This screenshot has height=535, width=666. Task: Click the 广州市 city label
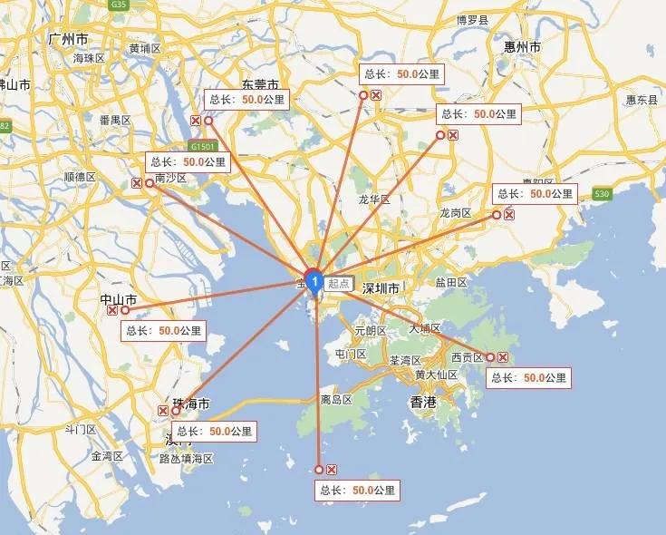click(70, 40)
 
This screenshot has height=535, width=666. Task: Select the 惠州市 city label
click(523, 46)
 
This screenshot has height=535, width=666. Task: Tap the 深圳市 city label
click(381, 288)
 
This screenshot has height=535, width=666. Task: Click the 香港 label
click(423, 400)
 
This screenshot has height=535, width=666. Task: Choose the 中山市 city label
click(119, 298)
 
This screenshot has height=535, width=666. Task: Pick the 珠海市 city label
click(190, 404)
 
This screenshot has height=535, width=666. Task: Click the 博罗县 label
click(472, 19)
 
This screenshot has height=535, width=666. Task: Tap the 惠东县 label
click(642, 100)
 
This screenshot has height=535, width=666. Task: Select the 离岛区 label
click(336, 399)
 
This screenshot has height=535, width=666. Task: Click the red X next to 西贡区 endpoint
click(503, 357)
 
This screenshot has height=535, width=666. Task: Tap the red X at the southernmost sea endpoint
click(332, 469)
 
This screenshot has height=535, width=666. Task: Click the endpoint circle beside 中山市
click(125, 310)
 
